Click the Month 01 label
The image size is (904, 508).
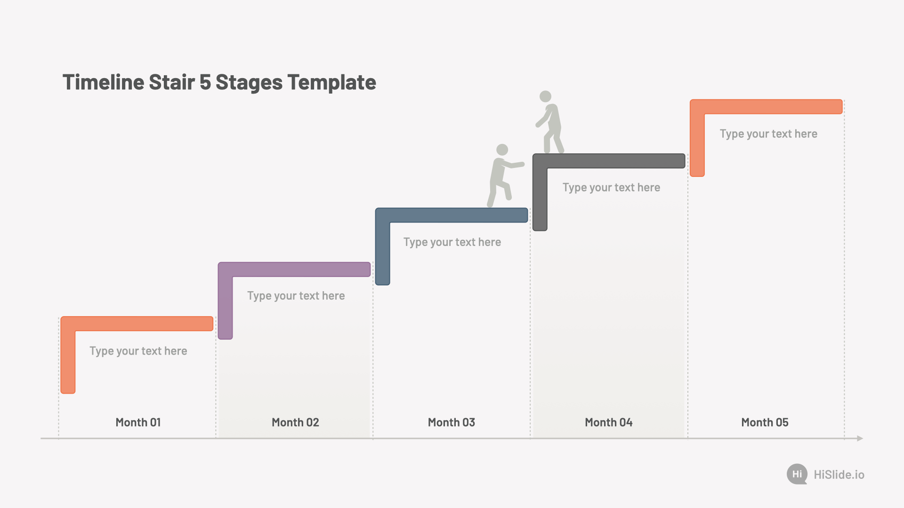(138, 422)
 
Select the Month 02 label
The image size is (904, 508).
(295, 422)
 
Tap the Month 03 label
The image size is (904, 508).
(452, 422)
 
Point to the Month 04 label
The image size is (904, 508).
(609, 422)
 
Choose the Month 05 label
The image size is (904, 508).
(765, 422)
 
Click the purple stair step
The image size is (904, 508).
(294, 270)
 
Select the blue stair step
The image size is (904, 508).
(452, 215)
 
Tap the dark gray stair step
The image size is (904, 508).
(609, 161)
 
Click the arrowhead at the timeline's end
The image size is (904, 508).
(860, 438)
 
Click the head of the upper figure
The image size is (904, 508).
(545, 96)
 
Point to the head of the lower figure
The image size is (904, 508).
(502, 150)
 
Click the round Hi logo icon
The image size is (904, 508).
(797, 474)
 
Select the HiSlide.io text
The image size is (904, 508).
(839, 475)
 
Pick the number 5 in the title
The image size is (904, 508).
(205, 82)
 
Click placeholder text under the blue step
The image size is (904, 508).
(452, 242)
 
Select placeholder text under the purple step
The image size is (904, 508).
(296, 296)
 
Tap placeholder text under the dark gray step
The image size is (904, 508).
(611, 188)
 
